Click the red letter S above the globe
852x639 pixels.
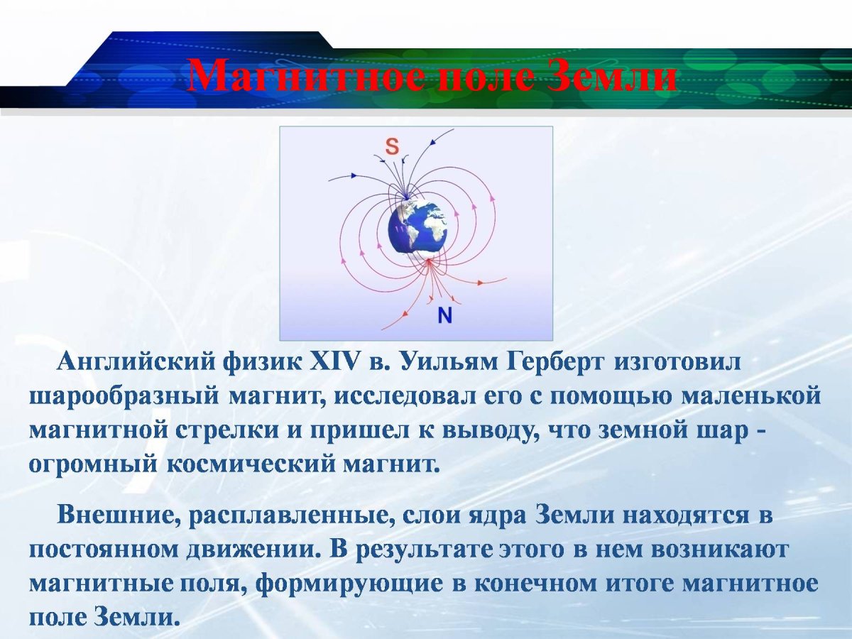click(392, 147)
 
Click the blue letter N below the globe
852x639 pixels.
click(444, 315)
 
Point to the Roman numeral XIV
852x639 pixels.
click(336, 361)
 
